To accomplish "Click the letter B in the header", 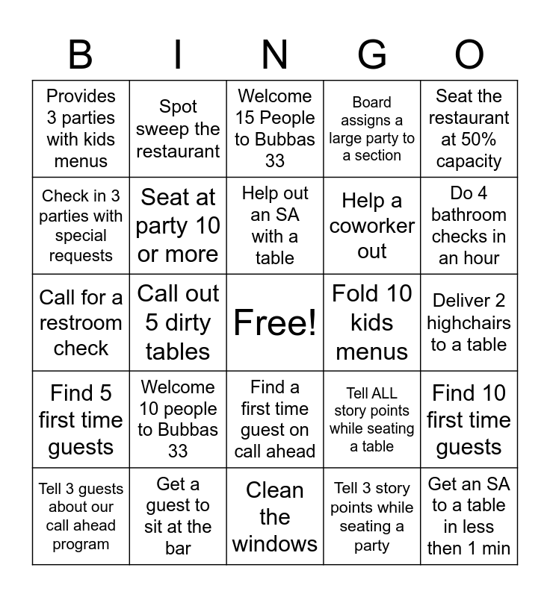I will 81,54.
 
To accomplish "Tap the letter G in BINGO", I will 371,54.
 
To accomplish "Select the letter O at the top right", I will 469,54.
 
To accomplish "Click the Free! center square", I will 275,322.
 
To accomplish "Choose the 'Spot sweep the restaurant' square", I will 178,129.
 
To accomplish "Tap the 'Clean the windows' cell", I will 275,516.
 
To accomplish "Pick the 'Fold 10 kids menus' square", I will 372,322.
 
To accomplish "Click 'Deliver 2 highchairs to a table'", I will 469,322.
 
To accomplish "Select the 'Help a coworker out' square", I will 372,225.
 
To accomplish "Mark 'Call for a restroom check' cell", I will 81,322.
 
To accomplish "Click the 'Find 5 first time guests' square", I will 81,419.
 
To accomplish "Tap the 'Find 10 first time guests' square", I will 469,419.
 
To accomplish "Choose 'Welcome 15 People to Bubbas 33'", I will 275,129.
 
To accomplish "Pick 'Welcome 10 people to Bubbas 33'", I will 178,419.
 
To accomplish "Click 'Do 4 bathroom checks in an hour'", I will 469,225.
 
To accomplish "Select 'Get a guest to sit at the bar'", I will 178,516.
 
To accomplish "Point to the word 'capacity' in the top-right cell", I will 469,161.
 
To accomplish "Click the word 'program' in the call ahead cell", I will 81,544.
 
